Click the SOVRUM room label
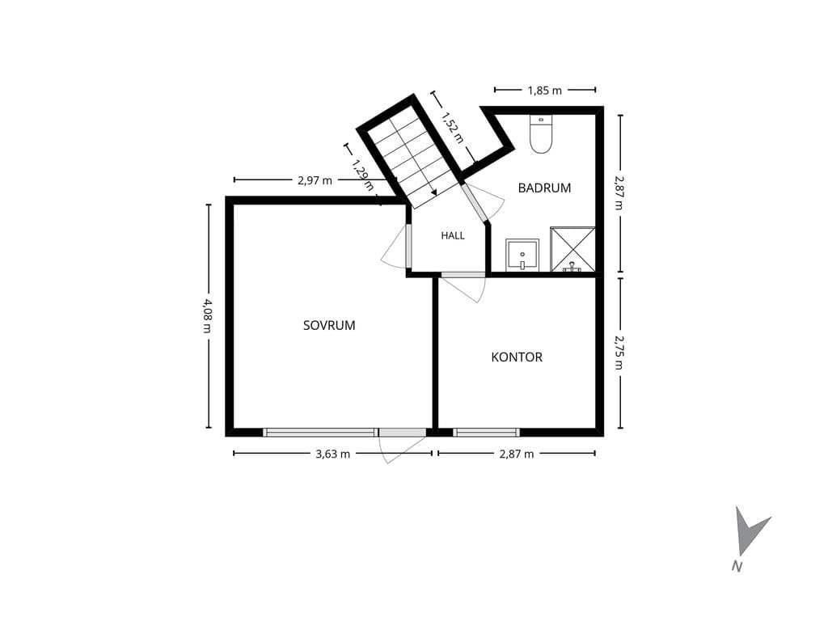pos(329,325)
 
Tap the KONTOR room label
pos(517,357)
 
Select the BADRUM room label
pos(544,188)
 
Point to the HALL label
pos(453,235)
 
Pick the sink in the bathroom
pos(522,255)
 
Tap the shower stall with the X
pos(573,249)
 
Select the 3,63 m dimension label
pos(332,454)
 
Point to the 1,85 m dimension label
pos(545,91)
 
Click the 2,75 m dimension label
pos(619,353)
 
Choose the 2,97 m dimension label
pos(315,180)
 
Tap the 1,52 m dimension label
pos(453,128)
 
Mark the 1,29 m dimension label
pos(363,175)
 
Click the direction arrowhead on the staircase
pos(433,192)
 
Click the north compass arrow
pos(750,531)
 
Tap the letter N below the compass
pos(737,567)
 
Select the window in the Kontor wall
pos(486,433)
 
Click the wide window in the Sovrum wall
pos(320,433)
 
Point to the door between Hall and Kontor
pos(463,275)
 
